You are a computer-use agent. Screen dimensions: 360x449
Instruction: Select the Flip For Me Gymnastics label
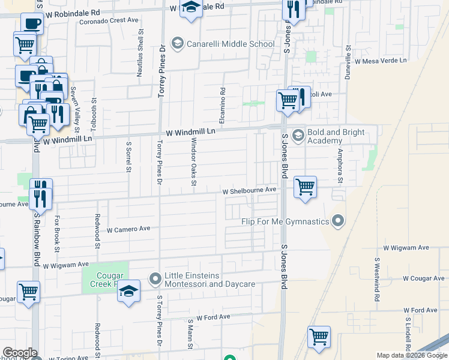pos(285,222)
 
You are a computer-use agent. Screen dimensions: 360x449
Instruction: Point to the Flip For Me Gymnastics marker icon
pos(338,222)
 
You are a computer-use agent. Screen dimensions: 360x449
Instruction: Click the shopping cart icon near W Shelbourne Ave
pos(305,187)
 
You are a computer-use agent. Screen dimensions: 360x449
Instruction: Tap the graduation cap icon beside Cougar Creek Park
pos(128,292)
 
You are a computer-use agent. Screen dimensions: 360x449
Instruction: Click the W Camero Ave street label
pos(128,229)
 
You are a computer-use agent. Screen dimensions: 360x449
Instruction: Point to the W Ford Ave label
pos(213,317)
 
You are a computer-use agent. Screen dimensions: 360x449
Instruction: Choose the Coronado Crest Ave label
pos(109,20)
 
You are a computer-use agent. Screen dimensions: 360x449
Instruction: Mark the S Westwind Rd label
pos(377,280)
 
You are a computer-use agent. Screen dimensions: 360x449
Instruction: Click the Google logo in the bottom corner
pos(19,353)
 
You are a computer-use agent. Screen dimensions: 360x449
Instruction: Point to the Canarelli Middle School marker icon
pos(177,44)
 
